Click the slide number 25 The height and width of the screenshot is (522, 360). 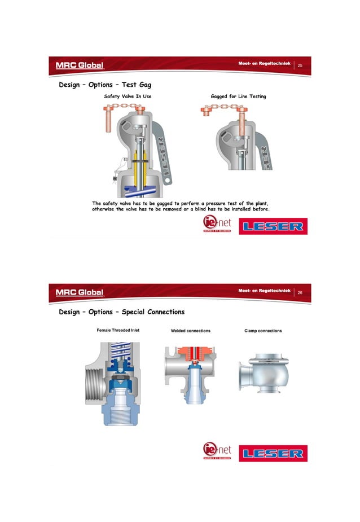300,66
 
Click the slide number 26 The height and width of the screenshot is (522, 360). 300,292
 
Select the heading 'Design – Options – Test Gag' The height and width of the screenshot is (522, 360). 106,85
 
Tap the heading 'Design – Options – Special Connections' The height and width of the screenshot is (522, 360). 122,312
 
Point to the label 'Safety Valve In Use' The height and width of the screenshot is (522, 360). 128,97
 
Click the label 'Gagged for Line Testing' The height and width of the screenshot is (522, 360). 238,97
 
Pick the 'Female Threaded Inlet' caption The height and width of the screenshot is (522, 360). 118,330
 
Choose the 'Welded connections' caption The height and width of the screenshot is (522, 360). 191,331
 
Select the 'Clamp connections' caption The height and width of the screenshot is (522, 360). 263,331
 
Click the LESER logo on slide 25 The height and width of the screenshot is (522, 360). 273,227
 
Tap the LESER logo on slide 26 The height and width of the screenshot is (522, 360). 273,453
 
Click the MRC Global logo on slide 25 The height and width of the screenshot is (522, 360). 80,65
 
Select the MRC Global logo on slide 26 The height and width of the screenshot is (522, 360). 80,292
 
